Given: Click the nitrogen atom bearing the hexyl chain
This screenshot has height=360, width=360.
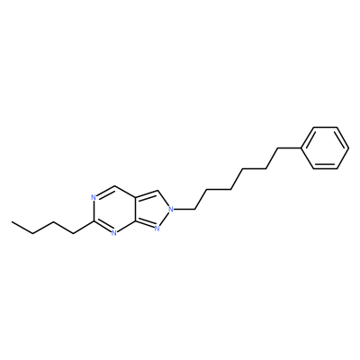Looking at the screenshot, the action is coord(171,208).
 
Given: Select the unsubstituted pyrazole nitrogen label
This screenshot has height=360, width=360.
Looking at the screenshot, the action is coord(157,229).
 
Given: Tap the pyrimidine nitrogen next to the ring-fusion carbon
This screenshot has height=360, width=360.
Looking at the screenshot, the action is coord(113,233).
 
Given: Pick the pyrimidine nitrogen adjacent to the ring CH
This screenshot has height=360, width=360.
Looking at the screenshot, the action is coord(94,198).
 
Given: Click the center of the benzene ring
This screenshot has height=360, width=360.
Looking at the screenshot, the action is coord(325,148).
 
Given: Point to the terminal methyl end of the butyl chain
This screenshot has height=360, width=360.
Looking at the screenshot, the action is coord(12,222).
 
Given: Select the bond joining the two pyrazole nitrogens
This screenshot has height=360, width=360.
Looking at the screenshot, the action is coord(164,219).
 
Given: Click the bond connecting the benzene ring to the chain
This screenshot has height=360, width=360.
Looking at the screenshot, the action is coord(290,148).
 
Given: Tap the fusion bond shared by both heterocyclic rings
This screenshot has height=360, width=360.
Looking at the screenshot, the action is coord(135,209).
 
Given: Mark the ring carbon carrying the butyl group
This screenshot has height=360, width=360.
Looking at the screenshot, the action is coord(94,221).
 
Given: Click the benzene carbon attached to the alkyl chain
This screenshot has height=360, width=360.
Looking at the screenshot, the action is coord(301,148).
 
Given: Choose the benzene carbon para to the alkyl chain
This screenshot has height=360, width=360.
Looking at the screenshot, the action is coord(348,148).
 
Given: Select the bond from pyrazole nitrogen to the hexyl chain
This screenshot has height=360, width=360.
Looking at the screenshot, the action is coord(184,209).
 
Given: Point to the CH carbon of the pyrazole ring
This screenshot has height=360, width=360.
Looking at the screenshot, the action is coord(158,190).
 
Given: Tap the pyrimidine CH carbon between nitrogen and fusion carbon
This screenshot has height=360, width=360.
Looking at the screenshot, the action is coord(114,186).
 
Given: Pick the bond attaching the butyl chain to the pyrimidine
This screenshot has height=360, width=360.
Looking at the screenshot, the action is coord(84,228).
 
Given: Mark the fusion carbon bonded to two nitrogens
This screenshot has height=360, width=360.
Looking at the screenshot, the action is coord(135,220).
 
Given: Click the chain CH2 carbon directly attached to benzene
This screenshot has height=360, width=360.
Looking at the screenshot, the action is coord(278,148).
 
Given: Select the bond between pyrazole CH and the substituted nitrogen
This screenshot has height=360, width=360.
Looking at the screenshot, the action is coord(164,198).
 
